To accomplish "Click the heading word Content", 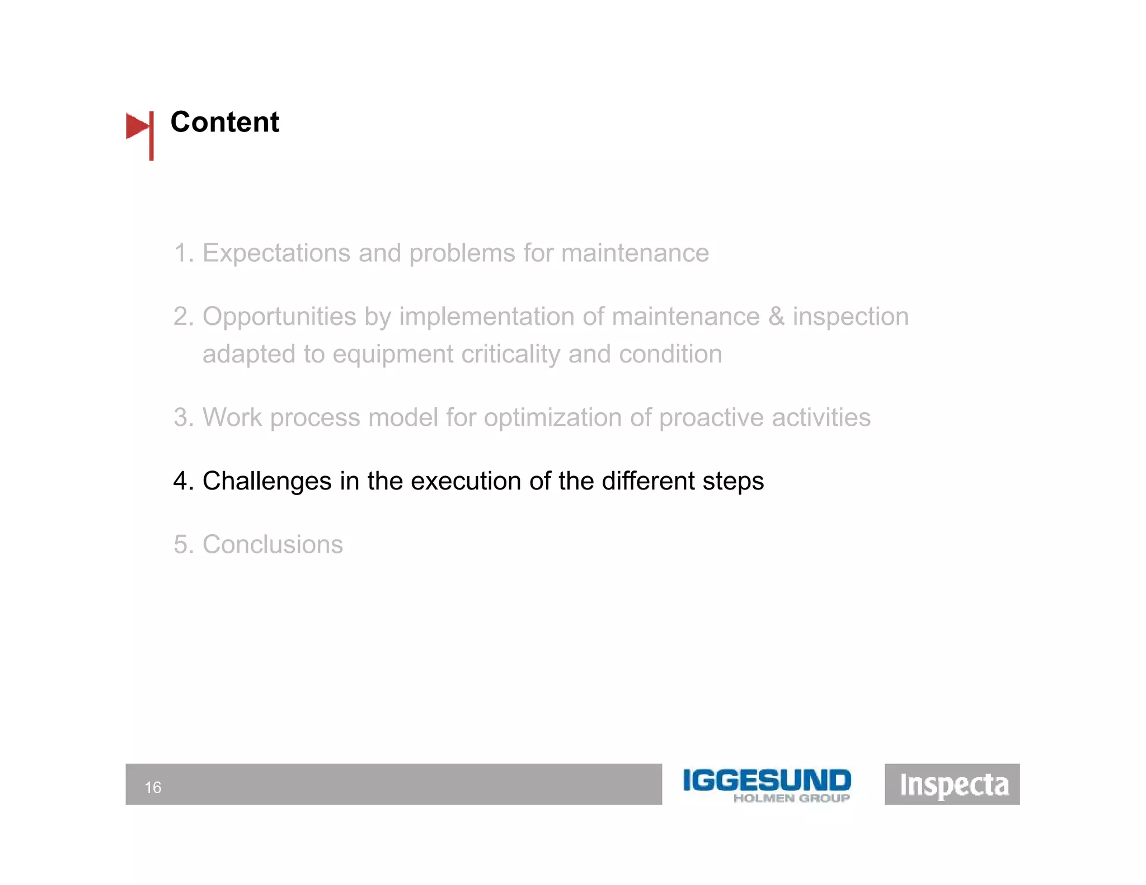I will coord(224,122).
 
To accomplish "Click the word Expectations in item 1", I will coord(276,253).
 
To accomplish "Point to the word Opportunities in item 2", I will coord(279,317).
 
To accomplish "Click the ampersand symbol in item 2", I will coord(776,317).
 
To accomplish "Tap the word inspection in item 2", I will coord(851,317).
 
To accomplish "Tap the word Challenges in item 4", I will coord(267,481).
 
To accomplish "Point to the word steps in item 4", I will coord(733,481).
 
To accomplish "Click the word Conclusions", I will coord(273,544).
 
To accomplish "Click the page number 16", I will coord(153,788).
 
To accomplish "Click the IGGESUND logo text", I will coord(767,780).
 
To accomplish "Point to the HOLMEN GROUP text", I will coord(791,798).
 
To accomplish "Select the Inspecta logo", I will coord(952,784).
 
